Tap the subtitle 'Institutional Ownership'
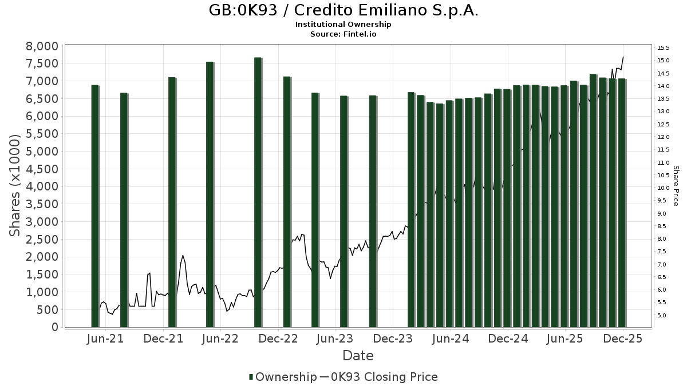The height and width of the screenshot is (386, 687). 343,25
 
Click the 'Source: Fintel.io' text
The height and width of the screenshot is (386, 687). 343,34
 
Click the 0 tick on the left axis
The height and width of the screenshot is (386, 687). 55,327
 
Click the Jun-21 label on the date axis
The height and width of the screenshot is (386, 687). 105,339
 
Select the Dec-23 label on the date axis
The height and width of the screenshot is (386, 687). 393,339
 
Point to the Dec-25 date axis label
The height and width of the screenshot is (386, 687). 623,339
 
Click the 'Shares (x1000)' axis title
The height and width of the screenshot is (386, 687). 15,185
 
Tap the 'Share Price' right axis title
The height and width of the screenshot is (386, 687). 676,186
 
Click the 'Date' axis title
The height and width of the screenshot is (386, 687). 358,356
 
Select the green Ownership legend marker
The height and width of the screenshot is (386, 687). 251,377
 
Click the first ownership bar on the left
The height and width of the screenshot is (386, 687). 95,206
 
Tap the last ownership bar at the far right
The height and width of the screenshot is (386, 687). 622,203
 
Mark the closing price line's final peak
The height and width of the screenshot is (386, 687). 623,57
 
